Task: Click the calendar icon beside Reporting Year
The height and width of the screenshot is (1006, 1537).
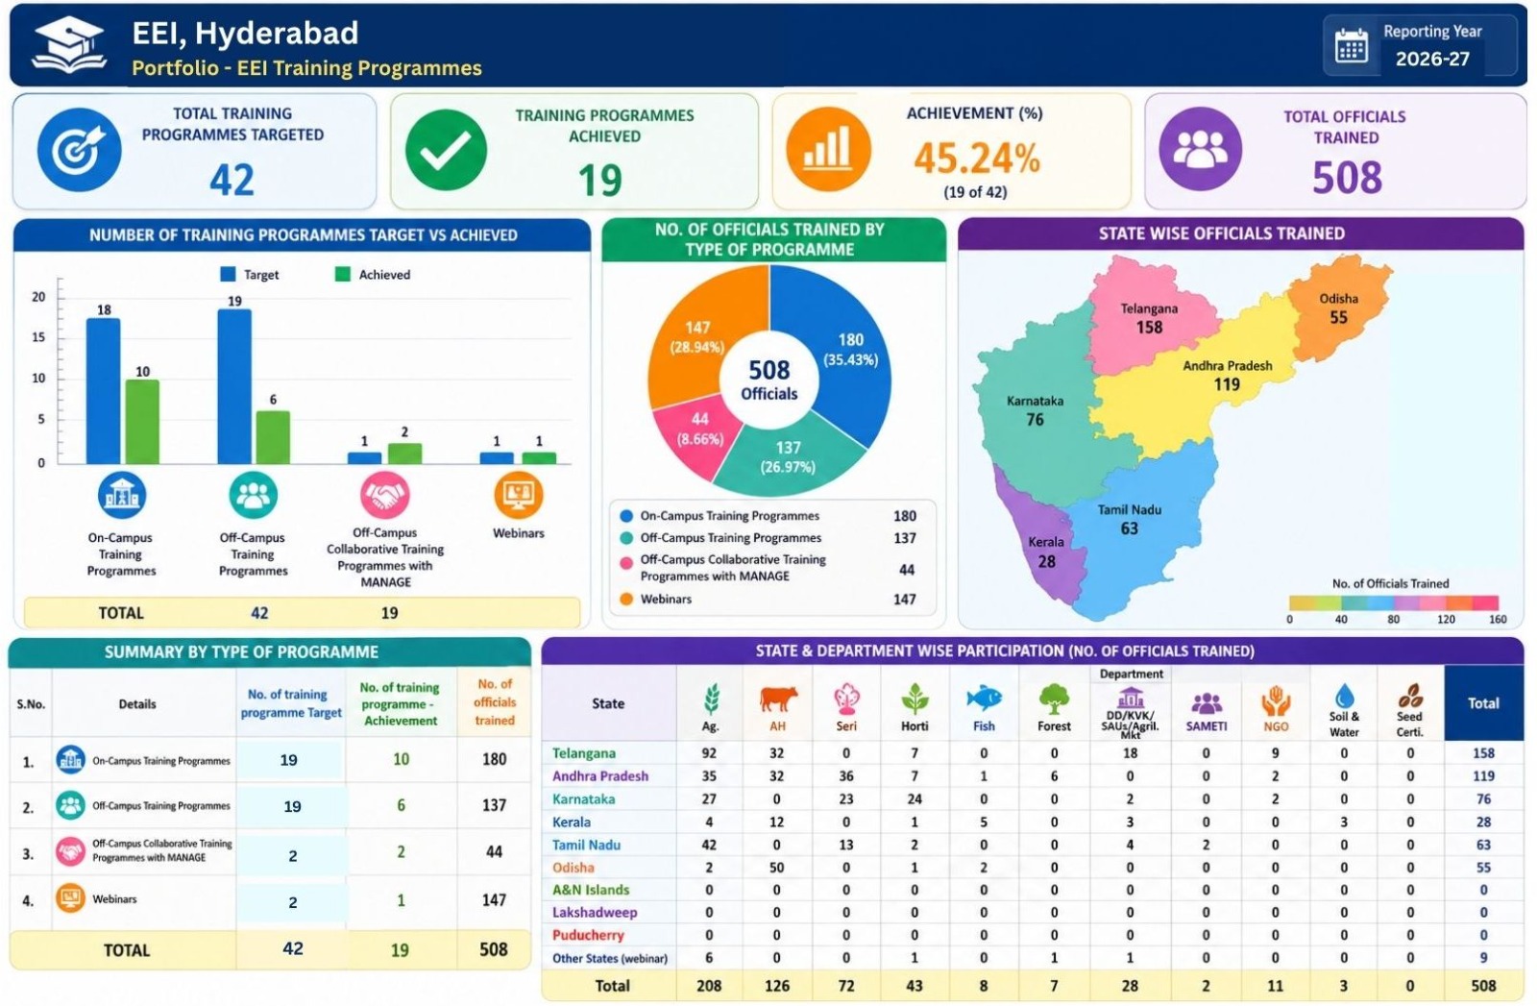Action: [x=1351, y=47]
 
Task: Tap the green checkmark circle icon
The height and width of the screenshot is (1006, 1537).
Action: [x=446, y=150]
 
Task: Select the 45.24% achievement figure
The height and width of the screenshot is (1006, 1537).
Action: [x=976, y=159]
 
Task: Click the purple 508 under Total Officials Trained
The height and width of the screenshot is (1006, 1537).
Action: [x=1346, y=178]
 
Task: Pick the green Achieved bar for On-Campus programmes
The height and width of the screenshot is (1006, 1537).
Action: [x=142, y=422]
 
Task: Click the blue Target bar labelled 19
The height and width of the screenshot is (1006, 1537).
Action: [x=234, y=387]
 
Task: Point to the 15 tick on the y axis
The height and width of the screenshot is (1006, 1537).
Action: [x=38, y=337]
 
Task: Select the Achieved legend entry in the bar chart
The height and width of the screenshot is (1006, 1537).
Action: [x=373, y=275]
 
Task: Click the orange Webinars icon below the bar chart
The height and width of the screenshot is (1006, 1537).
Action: [x=518, y=495]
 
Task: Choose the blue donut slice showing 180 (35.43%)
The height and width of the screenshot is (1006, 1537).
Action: [x=839, y=350]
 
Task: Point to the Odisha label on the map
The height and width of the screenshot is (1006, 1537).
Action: [x=1338, y=299]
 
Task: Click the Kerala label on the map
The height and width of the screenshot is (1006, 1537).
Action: [x=1046, y=542]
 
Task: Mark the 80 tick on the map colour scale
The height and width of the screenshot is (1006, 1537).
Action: [x=1393, y=619]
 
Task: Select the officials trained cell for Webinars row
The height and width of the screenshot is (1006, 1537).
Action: [x=494, y=899]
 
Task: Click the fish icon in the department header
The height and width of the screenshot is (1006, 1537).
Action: [x=984, y=698]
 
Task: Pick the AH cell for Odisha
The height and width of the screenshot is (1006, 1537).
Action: [x=776, y=868]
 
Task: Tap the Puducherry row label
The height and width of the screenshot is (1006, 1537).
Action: [x=588, y=935]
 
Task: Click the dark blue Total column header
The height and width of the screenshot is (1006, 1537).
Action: [x=1483, y=702]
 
